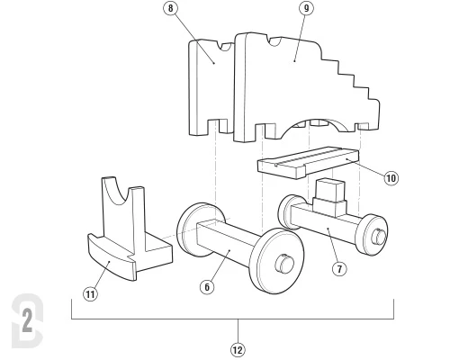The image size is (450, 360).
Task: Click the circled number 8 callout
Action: click(171, 8)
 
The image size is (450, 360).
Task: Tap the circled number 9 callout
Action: click(306, 8)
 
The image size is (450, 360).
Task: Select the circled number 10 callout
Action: click(391, 178)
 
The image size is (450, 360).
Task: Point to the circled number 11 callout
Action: click(90, 294)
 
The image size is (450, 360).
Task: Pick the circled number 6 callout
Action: click(207, 287)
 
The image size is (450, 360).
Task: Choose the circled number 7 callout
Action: click(339, 269)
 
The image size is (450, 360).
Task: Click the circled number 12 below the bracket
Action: click(238, 350)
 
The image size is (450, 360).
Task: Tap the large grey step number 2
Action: click(27, 320)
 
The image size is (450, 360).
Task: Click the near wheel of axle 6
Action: click(276, 261)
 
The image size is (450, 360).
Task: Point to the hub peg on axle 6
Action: click(284, 264)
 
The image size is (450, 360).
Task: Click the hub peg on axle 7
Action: click(378, 237)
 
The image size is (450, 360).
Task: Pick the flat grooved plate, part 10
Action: click(309, 163)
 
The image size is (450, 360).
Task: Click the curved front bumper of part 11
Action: click(112, 258)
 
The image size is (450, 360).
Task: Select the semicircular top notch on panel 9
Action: click(275, 41)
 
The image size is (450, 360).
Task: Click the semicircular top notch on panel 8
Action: click(226, 47)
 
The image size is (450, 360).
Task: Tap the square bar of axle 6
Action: click(227, 242)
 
